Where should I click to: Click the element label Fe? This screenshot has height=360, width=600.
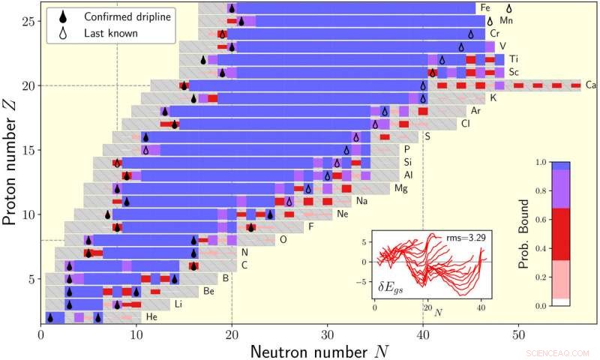[487, 7]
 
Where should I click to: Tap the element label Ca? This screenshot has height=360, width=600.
[591, 85]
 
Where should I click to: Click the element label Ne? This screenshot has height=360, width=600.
[343, 214]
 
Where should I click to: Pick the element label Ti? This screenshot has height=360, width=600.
[513, 58]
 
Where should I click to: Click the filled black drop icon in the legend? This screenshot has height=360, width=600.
[61, 16]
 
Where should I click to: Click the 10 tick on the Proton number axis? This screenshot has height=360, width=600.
[28, 214]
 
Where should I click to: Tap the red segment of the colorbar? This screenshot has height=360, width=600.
[561, 234]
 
